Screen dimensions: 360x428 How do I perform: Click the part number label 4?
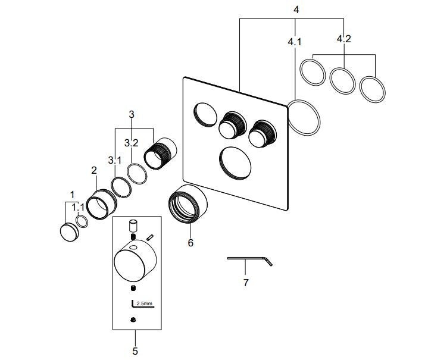coord(296,10)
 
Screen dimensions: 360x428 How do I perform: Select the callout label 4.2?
coord(343,39)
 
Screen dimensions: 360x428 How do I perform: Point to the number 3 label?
coord(132,114)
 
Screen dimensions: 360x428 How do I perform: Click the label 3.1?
coord(114,160)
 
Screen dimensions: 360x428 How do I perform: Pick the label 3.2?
coord(131,143)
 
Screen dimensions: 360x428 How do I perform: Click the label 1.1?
coord(78,208)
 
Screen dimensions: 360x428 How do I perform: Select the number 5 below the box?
coord(135,351)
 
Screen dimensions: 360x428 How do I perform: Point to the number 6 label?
coord(190,242)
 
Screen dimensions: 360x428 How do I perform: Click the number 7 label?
coord(245,282)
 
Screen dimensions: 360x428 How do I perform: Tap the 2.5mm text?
coord(145,304)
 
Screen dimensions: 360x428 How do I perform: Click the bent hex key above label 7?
coord(249,259)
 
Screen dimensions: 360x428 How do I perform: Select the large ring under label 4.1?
coord(304,117)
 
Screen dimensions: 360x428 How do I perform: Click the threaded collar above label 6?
coord(188,203)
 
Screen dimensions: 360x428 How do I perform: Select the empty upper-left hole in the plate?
coord(205,114)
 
